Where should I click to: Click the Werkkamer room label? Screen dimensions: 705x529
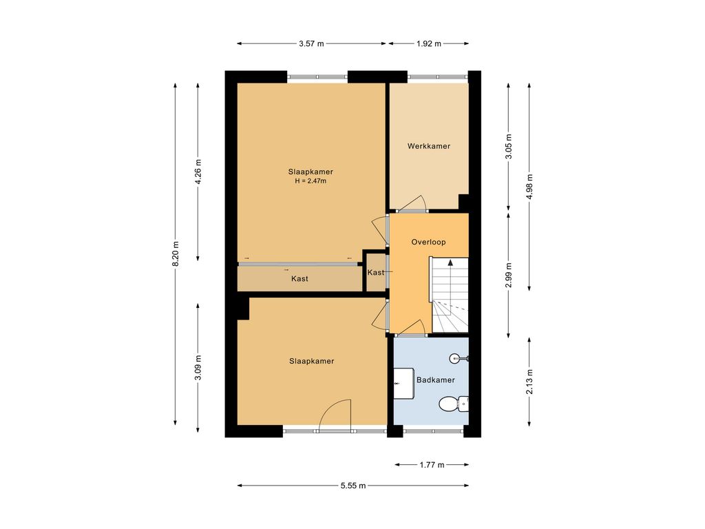pyautogui.click(x=428, y=146)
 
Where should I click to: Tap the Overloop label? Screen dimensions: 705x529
pyautogui.click(x=428, y=242)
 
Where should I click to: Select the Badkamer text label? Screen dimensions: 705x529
pyautogui.click(x=435, y=380)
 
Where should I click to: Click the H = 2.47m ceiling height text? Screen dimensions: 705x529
pyautogui.click(x=311, y=181)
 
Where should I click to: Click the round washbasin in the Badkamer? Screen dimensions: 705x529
pyautogui.click(x=457, y=358)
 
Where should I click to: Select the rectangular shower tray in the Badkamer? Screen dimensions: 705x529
pyautogui.click(x=403, y=383)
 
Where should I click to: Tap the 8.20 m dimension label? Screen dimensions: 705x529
pyautogui.click(x=176, y=253)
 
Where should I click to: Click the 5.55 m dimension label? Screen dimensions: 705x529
pyautogui.click(x=353, y=486)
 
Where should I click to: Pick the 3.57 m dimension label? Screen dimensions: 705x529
pyautogui.click(x=311, y=43)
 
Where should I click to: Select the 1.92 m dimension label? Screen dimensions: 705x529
pyautogui.click(x=428, y=43)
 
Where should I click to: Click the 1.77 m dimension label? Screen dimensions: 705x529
pyautogui.click(x=432, y=465)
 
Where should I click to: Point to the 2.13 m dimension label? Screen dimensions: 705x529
pyautogui.click(x=529, y=382)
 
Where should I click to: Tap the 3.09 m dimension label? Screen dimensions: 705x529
pyautogui.click(x=198, y=368)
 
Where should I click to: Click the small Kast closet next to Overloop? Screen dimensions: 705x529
pyautogui.click(x=375, y=273)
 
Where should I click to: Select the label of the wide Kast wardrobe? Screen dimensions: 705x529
pyautogui.click(x=299, y=279)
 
